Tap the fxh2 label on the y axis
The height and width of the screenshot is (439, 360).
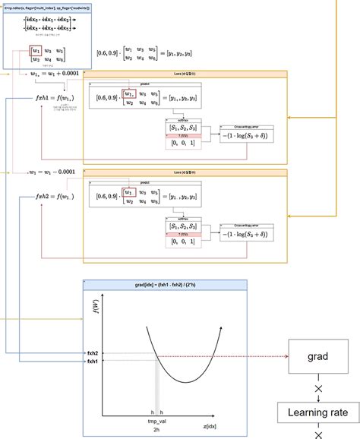pyautogui.click(x=92, y=354)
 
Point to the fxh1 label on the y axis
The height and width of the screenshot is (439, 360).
pyautogui.click(x=92, y=362)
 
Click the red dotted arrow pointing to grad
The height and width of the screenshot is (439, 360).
pyautogui.click(x=228, y=355)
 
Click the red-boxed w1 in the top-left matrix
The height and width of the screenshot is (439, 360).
pyautogui.click(x=36, y=52)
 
